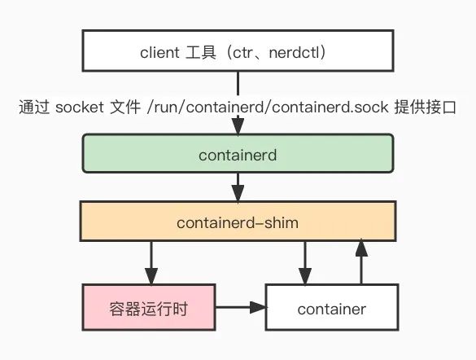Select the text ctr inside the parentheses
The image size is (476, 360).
pos(255,54)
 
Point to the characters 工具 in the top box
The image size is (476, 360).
pos(205,54)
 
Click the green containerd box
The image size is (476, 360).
pos(238,155)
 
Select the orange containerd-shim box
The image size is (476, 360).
pos(238,222)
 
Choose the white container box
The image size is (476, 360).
pos(331,309)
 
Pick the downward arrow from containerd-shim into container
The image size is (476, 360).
pos(305,262)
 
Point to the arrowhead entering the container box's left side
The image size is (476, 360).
pos(260,308)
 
